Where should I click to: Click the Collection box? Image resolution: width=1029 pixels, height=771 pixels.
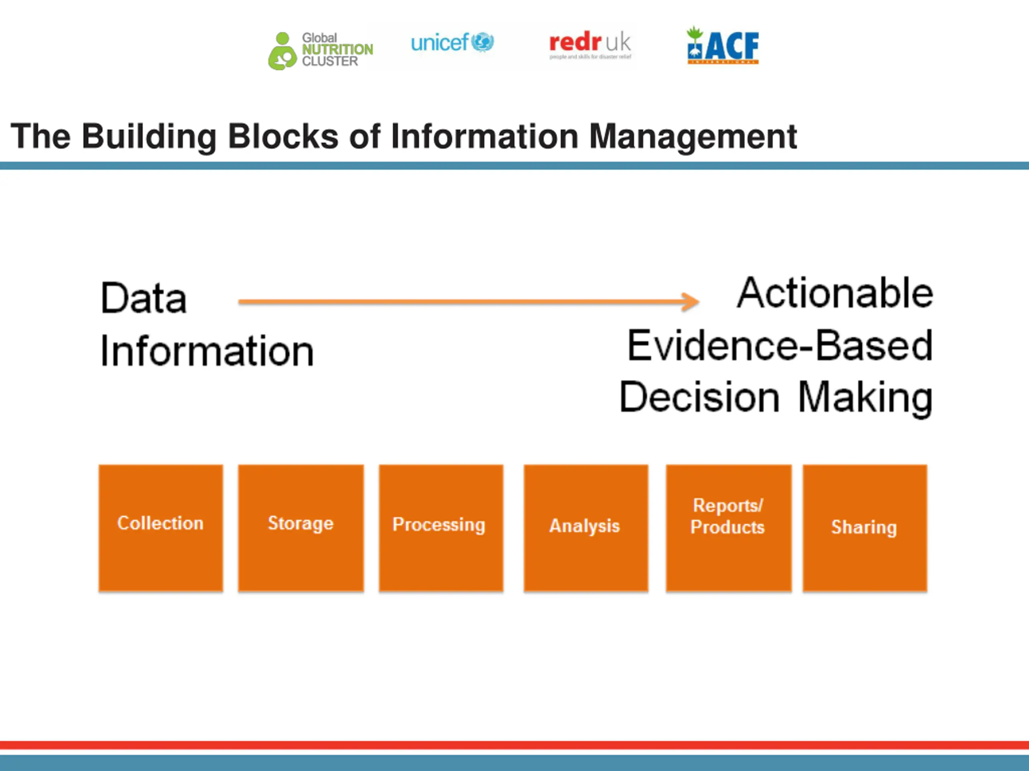click(x=160, y=528)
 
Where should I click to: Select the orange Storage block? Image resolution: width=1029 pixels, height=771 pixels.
click(x=301, y=528)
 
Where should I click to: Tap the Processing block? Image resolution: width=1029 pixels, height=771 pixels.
click(x=441, y=528)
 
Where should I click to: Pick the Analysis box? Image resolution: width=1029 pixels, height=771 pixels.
click(x=586, y=528)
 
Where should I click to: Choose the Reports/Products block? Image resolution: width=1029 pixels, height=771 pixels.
click(x=728, y=528)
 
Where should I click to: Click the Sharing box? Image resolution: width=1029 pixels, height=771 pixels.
click(x=865, y=528)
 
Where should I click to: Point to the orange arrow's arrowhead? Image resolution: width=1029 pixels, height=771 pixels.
click(x=691, y=302)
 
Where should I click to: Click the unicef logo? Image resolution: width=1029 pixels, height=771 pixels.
click(x=452, y=43)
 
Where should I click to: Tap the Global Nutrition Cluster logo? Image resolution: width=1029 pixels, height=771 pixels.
click(x=320, y=50)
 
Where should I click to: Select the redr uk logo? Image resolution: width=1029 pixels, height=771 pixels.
click(x=590, y=45)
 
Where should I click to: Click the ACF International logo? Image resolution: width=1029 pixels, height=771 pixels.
click(x=723, y=45)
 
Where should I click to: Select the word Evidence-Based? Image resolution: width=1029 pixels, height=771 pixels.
click(x=780, y=346)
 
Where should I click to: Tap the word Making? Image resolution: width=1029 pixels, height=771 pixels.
click(x=865, y=398)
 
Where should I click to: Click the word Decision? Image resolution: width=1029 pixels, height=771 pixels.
click(x=699, y=398)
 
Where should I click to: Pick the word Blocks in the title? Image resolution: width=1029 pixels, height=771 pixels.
click(x=283, y=136)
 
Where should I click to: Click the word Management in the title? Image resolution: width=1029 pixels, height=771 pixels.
click(x=693, y=137)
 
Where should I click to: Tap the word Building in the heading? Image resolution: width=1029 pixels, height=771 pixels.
click(x=149, y=137)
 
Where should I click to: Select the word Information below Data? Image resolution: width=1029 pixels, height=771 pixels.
click(x=207, y=351)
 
